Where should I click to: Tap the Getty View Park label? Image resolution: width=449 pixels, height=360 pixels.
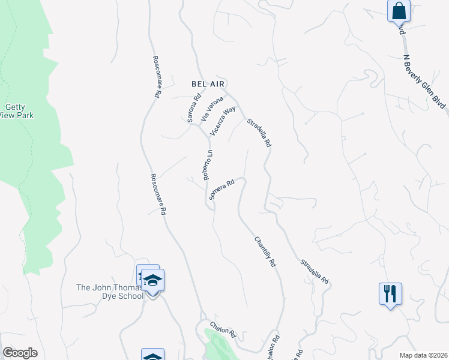[15, 112]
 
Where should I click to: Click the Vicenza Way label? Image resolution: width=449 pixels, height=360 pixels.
[222, 121]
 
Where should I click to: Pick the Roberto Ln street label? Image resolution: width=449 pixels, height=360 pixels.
[208, 165]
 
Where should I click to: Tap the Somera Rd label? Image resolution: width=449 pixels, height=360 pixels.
[220, 190]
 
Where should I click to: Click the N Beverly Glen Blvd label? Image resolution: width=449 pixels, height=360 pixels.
[425, 81]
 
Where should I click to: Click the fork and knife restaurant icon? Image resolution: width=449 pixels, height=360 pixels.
[390, 293]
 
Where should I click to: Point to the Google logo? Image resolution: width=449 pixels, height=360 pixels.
[20, 353]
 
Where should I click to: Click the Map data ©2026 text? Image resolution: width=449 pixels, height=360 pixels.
[423, 355]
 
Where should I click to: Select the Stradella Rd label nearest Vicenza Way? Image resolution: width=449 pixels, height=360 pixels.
[260, 133]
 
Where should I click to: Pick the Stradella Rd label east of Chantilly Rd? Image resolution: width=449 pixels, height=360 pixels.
[315, 272]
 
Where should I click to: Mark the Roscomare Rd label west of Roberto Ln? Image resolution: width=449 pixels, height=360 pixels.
[158, 195]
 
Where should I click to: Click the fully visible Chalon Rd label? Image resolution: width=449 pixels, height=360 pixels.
[222, 332]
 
